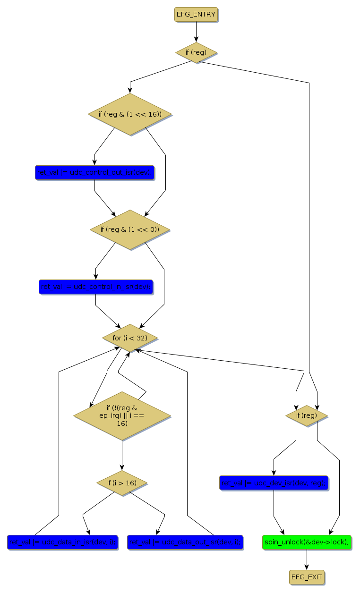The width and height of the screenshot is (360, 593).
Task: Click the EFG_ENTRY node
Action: point(196,15)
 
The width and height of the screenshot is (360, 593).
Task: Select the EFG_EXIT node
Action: point(307,576)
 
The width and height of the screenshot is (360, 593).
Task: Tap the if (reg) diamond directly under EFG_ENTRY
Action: point(196,52)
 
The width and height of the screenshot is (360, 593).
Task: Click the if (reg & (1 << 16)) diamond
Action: point(130,114)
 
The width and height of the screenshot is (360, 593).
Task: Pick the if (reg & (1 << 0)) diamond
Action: point(130,229)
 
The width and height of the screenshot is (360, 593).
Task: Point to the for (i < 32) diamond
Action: point(130,338)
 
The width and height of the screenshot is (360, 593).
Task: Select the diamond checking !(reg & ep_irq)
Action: point(122,415)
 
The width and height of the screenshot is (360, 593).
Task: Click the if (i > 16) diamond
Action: point(122,483)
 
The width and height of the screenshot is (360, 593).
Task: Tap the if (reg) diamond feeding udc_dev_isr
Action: point(307,415)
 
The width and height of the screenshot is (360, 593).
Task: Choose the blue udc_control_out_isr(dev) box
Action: point(95,173)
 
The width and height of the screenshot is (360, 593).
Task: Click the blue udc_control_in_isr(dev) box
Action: point(96,287)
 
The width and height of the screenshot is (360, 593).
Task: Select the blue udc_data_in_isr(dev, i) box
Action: point(62,542)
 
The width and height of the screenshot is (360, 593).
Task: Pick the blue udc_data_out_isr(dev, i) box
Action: point(185,542)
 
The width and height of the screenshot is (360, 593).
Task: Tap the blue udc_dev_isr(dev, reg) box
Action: point(274,483)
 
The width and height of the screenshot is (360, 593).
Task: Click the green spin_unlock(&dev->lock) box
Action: point(307,542)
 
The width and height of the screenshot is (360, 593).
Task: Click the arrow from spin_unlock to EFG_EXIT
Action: point(307,559)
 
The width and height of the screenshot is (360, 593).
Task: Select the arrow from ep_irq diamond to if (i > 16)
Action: point(122,455)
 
